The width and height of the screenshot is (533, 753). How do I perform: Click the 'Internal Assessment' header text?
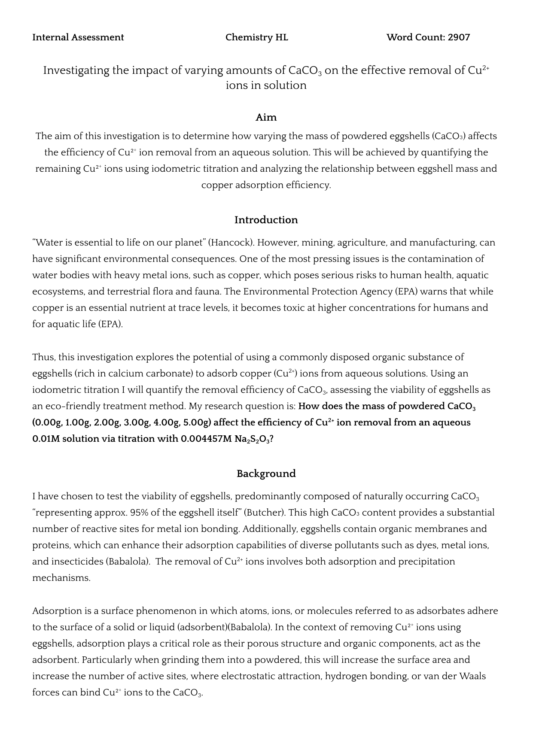pos(78,37)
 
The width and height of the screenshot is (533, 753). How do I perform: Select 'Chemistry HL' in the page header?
pos(256,37)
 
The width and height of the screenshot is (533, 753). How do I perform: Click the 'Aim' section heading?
pos(266,117)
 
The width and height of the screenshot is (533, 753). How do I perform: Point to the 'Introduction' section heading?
pos(266,220)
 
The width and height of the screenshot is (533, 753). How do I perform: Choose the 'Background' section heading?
pos(266,474)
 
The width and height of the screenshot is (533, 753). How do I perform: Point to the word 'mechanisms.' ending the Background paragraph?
pos(61,578)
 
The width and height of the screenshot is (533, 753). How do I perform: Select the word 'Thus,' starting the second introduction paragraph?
pos(44,357)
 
